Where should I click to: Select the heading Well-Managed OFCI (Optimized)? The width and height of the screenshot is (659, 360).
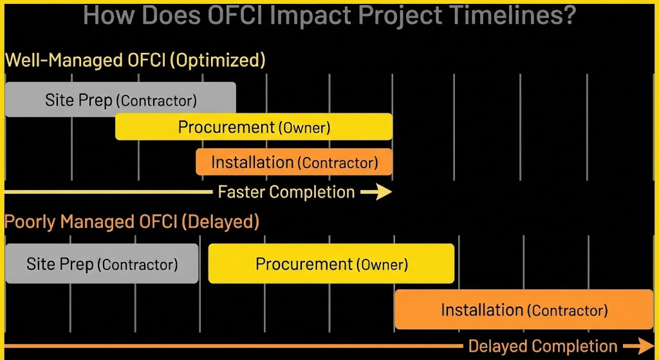(135, 61)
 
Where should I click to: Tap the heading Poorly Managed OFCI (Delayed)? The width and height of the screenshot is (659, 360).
(132, 222)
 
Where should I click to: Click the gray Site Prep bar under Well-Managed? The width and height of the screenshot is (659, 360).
(120, 100)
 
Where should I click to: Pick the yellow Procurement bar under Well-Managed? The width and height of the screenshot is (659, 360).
(254, 127)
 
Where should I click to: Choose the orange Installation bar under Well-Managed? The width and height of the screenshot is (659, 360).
(294, 162)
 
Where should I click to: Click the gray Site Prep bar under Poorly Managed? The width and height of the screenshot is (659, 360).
(102, 264)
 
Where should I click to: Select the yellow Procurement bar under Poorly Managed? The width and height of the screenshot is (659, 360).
(331, 264)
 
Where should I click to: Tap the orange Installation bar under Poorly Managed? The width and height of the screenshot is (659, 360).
(523, 310)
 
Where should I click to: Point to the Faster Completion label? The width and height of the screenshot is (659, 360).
(286, 192)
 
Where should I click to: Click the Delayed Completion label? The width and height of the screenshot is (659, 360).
(543, 346)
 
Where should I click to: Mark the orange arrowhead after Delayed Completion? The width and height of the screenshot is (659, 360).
(644, 346)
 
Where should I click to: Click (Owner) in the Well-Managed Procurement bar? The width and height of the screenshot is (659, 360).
(304, 128)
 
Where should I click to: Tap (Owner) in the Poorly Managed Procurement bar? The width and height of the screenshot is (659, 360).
(382, 265)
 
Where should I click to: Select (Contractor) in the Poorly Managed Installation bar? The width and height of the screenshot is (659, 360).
(567, 310)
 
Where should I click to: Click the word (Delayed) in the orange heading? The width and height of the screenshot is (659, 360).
(220, 222)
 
